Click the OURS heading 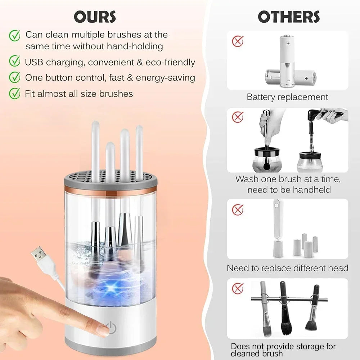[95, 17]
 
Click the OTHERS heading [289, 17]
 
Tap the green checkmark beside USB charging [14, 61]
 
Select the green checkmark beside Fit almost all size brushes [14, 94]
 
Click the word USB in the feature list [33, 62]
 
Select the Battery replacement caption [287, 97]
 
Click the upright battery [288, 59]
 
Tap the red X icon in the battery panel [238, 41]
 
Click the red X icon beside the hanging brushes [238, 288]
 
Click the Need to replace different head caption [287, 268]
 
